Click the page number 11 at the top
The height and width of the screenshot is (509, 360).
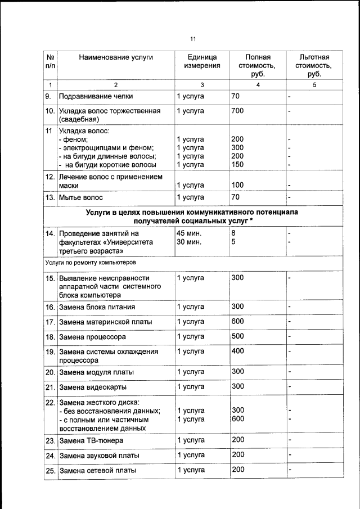[192, 39]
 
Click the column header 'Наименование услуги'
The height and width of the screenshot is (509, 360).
[116, 57]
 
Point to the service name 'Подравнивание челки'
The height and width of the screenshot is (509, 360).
[96, 96]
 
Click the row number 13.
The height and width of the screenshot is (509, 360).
[49, 197]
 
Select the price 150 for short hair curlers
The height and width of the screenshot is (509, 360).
[238, 164]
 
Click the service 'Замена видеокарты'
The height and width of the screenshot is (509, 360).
[92, 387]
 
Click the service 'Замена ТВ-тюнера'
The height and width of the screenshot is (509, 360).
[91, 440]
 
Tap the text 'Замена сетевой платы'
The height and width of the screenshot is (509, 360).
[97, 470]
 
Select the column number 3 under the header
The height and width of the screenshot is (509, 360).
[202, 84]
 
